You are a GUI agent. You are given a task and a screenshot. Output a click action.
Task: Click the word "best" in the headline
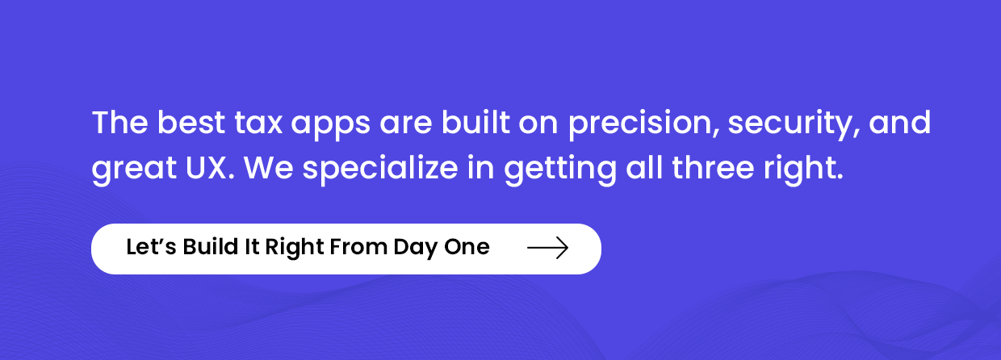tap(191, 123)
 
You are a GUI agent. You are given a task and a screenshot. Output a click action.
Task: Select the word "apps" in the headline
tap(331, 126)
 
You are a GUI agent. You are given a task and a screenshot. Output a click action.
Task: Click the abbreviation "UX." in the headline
tap(210, 168)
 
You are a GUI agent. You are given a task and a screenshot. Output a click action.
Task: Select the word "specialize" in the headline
tap(380, 170)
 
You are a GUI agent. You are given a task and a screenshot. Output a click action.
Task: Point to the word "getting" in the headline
tap(560, 170)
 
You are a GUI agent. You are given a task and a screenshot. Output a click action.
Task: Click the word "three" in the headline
tap(714, 168)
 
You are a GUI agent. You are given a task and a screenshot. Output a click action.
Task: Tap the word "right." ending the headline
tap(803, 170)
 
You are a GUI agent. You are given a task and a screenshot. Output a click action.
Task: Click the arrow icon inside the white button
tap(548, 248)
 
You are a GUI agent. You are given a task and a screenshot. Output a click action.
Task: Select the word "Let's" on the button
tap(152, 247)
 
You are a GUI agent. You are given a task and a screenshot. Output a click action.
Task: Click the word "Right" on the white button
tap(294, 249)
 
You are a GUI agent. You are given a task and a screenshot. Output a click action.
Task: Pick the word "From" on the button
tap(358, 247)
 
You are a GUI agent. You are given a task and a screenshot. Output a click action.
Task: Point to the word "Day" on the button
tap(415, 249)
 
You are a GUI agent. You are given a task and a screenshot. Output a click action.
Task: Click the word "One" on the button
tap(467, 247)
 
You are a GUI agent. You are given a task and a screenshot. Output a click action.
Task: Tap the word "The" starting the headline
tap(119, 123)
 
